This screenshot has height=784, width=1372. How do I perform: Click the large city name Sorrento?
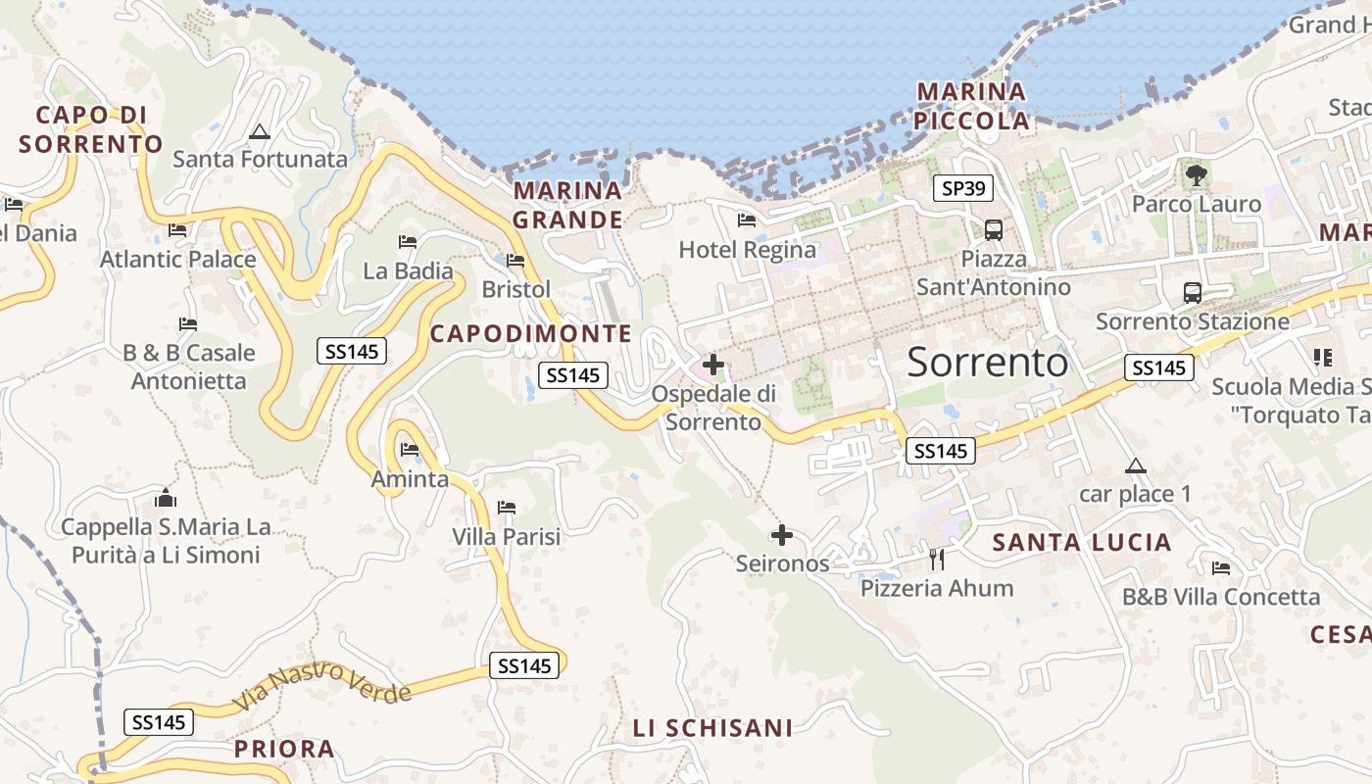pyautogui.click(x=987, y=363)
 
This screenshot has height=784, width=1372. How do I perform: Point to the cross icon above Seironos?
pyautogui.click(x=781, y=535)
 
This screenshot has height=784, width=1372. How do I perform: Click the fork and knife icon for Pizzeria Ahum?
pyautogui.click(x=937, y=560)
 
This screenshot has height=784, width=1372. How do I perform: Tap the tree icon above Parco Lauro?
pyautogui.click(x=1196, y=175)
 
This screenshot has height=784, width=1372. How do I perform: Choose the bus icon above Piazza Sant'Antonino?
pyautogui.click(x=993, y=230)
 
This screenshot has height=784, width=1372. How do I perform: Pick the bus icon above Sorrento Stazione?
pyautogui.click(x=1192, y=292)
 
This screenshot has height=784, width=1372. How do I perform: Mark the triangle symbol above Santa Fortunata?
pyautogui.click(x=260, y=131)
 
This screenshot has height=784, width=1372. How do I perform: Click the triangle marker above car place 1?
pyautogui.click(x=1135, y=465)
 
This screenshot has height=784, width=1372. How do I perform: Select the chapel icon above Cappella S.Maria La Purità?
pyautogui.click(x=166, y=499)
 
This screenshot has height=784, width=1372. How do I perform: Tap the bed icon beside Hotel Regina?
pyautogui.click(x=747, y=220)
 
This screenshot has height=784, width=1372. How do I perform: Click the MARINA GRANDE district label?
pyautogui.click(x=567, y=205)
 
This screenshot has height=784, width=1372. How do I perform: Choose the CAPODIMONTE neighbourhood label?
pyautogui.click(x=531, y=333)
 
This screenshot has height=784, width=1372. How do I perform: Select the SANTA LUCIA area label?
pyautogui.click(x=1082, y=542)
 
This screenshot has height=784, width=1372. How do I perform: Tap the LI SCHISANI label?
pyautogui.click(x=712, y=728)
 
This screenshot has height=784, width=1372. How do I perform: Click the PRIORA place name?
pyautogui.click(x=284, y=750)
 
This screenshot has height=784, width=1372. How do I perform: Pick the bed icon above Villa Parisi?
pyautogui.click(x=506, y=508)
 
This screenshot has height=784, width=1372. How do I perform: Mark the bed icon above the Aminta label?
pyautogui.click(x=410, y=450)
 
